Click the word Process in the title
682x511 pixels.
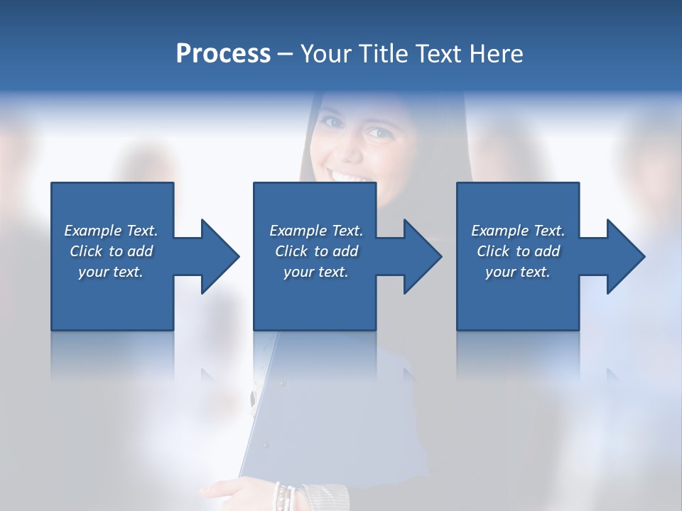[x=223, y=54]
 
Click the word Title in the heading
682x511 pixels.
[x=384, y=54]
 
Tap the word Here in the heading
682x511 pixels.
[x=497, y=54]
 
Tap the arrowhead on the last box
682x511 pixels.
[x=624, y=256]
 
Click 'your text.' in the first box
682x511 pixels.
[x=111, y=272]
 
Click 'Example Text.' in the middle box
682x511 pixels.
[x=315, y=231]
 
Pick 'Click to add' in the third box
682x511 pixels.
[x=518, y=251]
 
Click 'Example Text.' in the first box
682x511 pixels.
[x=111, y=231]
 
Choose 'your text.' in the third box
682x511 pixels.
[x=518, y=272]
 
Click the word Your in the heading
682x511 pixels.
[x=326, y=54]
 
